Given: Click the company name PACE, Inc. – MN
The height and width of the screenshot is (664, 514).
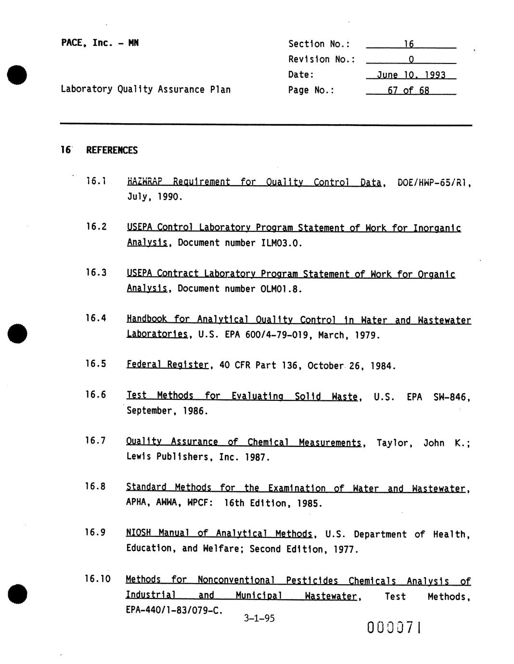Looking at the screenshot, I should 100,43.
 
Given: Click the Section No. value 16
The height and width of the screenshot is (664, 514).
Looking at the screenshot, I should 409,44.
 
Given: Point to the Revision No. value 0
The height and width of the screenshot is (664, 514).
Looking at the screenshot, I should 411,60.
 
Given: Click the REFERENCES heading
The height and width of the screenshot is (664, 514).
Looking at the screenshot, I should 112,150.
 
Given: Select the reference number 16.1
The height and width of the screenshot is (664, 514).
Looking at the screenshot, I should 96,181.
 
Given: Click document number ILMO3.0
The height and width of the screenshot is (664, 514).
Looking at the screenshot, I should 282,243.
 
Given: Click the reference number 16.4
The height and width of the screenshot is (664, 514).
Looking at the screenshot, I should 96,318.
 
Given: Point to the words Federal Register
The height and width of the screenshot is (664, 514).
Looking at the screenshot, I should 167,365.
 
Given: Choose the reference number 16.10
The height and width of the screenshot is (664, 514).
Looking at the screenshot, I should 98,579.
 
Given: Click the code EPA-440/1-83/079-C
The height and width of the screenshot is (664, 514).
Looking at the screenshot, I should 174,611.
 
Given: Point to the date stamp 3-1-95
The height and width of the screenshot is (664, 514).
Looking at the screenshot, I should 259,618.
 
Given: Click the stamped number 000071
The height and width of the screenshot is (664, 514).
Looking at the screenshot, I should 395,627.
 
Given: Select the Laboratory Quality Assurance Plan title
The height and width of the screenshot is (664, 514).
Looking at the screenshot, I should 145,89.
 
